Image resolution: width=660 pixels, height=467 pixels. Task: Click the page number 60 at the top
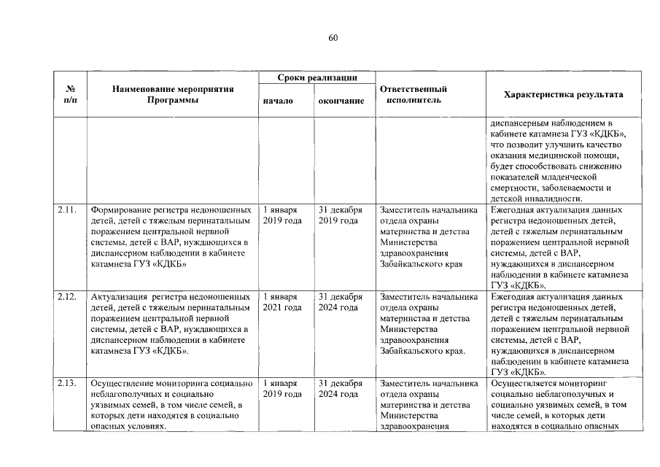coord(333,38)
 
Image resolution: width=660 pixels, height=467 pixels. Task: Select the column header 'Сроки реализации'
coord(317,77)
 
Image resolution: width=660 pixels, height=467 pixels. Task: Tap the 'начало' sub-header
coord(277,101)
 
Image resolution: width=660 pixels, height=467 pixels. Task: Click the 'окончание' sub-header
coord(341,101)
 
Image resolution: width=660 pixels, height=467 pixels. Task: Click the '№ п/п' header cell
coord(71,95)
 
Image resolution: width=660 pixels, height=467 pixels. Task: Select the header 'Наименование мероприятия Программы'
coord(173,95)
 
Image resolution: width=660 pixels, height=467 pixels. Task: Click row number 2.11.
coord(66,211)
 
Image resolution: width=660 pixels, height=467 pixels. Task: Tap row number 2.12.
coord(66,298)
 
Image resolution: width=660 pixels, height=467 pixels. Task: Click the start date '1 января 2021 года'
coord(282,303)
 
